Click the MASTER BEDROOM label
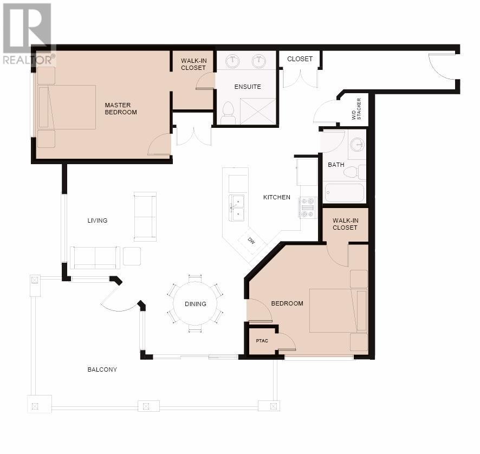[x=121, y=109]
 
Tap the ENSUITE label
[x=248, y=87]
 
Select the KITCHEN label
[x=277, y=197]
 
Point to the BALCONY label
[x=102, y=369]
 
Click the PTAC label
[x=262, y=341]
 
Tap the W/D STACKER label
[x=356, y=109]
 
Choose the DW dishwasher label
[x=251, y=241]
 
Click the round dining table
[x=196, y=304]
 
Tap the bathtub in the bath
[x=345, y=192]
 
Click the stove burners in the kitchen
[x=307, y=207]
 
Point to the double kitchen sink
[x=237, y=208]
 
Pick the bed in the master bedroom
[x=67, y=107]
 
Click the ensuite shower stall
[x=258, y=112]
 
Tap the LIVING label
[x=98, y=220]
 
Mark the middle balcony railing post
[x=146, y=406]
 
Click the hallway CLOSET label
[x=300, y=59]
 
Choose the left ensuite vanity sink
[x=232, y=62]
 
